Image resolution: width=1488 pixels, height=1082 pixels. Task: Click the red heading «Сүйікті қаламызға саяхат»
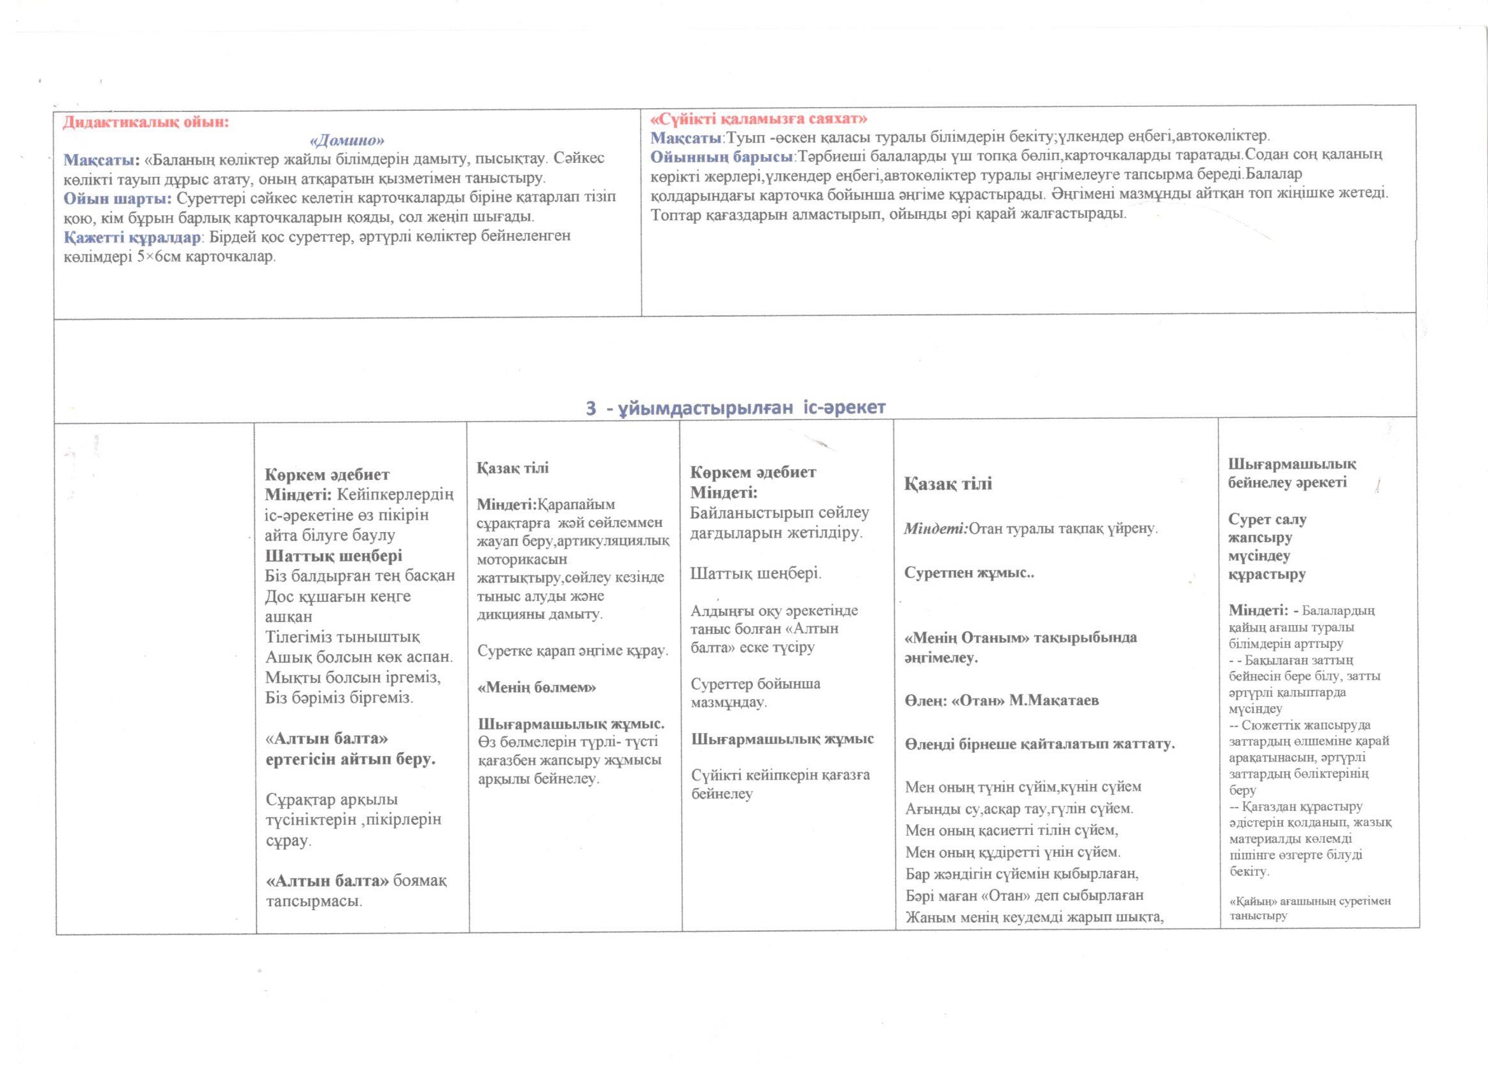pos(759,119)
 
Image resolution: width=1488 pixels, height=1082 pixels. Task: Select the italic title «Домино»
pos(346,141)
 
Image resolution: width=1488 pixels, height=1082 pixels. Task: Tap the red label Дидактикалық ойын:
pos(146,122)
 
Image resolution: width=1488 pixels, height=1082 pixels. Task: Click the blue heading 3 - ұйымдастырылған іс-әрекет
pos(736,407)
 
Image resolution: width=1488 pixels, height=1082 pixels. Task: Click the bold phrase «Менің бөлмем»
pos(537,687)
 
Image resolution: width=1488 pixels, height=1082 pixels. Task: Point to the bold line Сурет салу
pos(1267,519)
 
